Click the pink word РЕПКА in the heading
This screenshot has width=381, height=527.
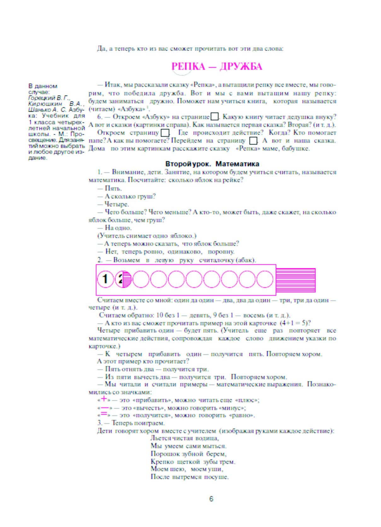tap(188, 67)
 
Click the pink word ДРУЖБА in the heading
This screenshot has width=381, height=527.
tap(241, 67)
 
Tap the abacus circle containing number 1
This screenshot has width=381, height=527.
tap(105, 279)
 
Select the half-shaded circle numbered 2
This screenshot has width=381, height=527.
tap(123, 279)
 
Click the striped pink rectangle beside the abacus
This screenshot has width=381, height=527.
tap(296, 280)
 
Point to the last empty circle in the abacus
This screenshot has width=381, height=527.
tap(265, 279)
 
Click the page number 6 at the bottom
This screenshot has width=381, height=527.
tap(211, 499)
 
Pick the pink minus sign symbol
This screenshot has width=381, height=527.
tap(104, 407)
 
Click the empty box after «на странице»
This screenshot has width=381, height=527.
tap(215, 117)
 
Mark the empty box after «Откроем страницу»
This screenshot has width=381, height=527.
tap(165, 133)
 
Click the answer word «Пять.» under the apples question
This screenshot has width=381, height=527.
tap(113, 189)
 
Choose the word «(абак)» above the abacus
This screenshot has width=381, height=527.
tap(246, 260)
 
